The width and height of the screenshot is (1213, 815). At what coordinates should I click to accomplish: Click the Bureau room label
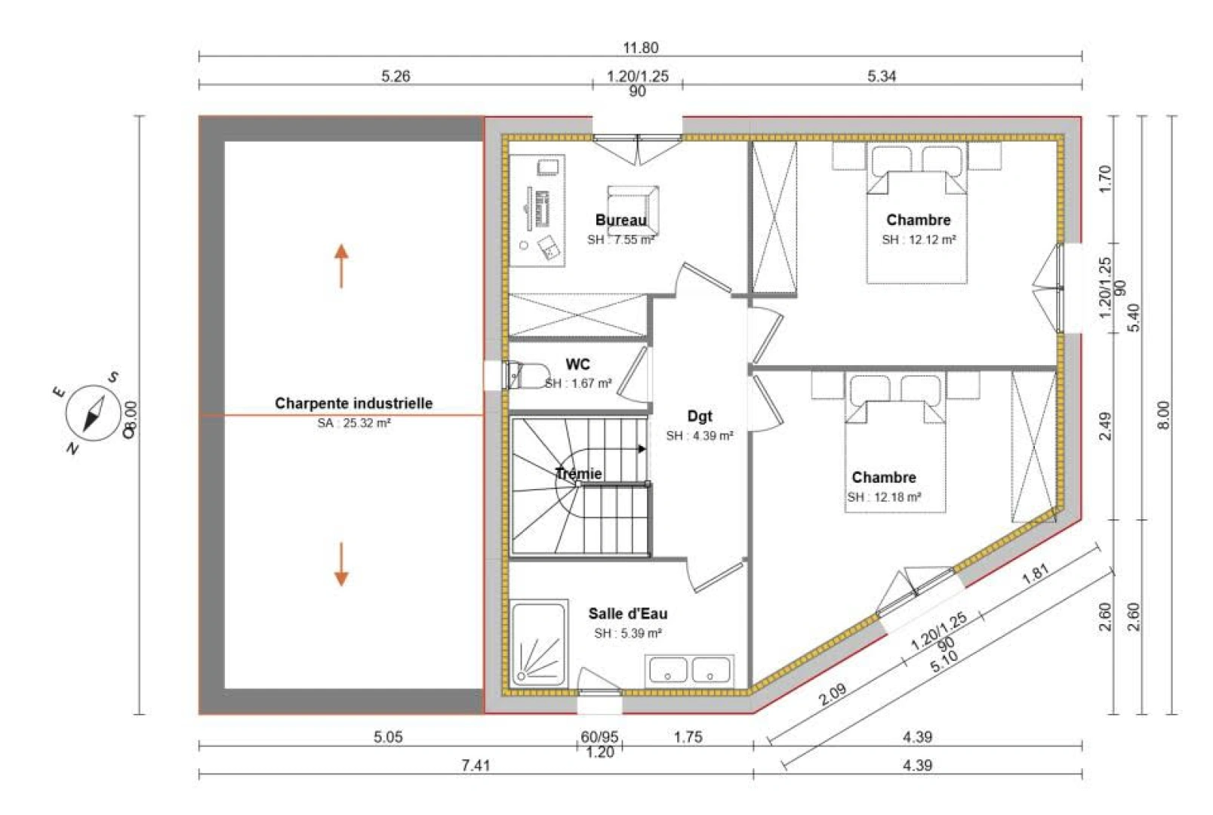click(x=620, y=220)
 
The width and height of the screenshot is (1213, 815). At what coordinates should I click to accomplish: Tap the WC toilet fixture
click(x=526, y=375)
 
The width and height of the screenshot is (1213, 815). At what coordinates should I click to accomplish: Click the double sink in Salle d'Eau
click(x=689, y=671)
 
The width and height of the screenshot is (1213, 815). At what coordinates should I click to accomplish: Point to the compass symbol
click(x=93, y=414)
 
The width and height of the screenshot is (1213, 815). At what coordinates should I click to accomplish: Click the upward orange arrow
click(x=341, y=266)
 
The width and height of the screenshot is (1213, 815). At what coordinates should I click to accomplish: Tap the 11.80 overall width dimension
click(x=641, y=48)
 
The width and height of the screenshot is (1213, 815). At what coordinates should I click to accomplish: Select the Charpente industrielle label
click(x=353, y=404)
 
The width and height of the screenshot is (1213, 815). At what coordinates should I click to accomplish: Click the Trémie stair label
click(x=578, y=474)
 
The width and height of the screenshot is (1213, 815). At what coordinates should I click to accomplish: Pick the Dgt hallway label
click(x=700, y=417)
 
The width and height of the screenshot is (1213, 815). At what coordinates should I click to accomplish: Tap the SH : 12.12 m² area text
click(x=919, y=239)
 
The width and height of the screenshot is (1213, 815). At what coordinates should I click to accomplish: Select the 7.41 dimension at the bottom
click(x=476, y=765)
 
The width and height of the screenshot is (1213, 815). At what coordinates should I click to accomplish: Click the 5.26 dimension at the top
click(x=396, y=76)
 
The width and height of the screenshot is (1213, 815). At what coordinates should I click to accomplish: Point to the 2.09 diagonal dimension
click(x=832, y=694)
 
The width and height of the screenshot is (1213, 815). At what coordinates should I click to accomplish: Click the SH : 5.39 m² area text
click(x=627, y=633)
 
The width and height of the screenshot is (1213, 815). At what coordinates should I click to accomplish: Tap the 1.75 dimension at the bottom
click(x=688, y=737)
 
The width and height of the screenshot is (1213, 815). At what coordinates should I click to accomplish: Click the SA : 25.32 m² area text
click(x=354, y=423)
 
